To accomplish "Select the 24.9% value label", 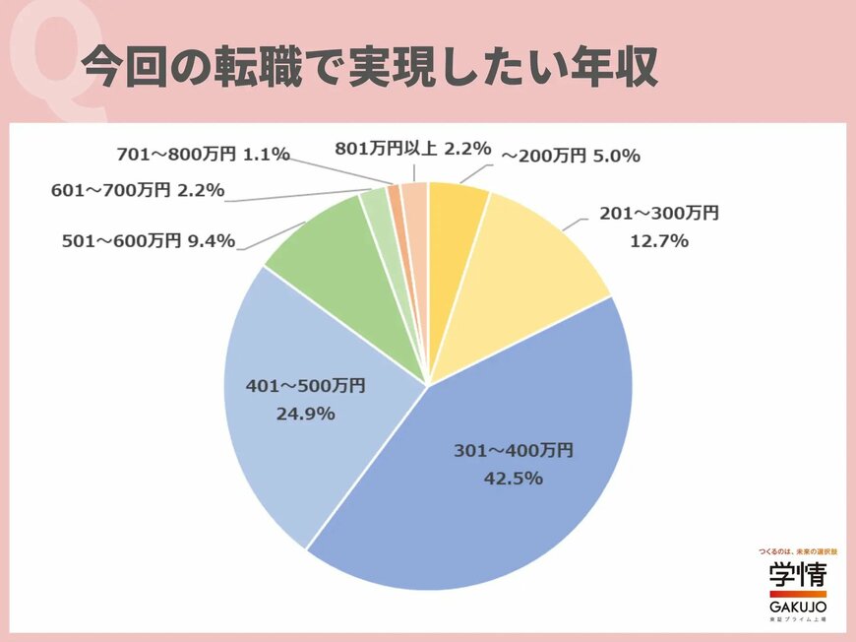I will coord(305,414).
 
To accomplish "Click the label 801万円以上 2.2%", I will coord(412,150).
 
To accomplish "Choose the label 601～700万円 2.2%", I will coord(138,190).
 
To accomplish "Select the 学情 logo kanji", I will coord(798,575).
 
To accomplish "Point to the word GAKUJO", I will coord(798,610).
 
